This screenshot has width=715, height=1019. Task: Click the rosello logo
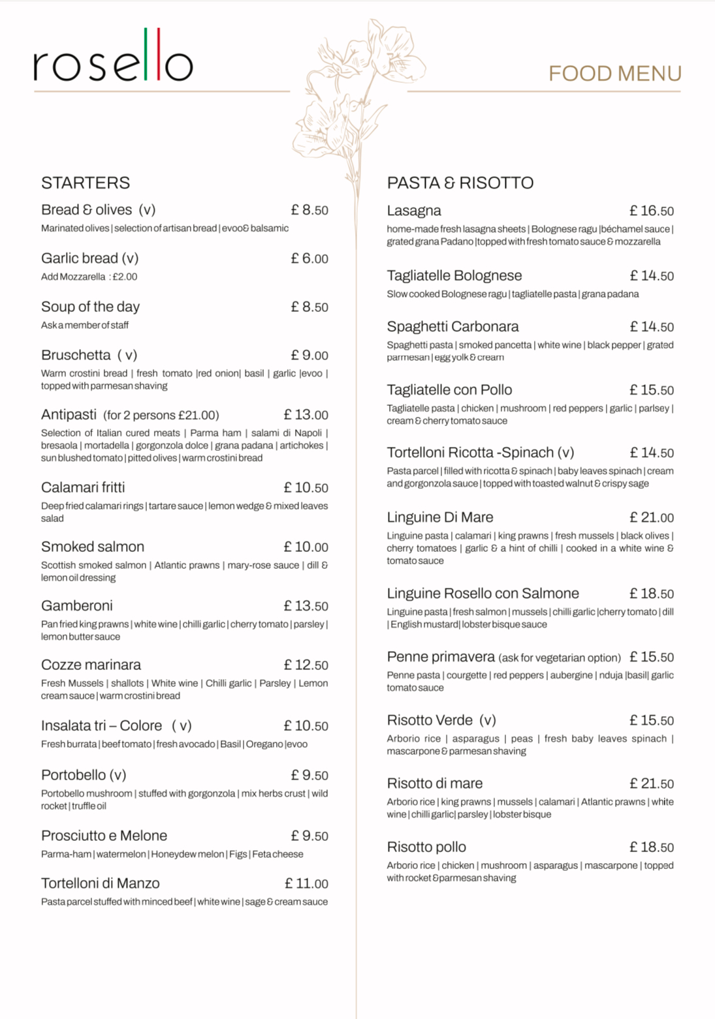point(113,57)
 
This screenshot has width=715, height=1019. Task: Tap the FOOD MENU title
point(614,74)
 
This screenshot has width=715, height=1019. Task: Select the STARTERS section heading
point(86,183)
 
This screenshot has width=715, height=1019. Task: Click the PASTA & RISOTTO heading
point(460,183)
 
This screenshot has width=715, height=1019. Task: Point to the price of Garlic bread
point(310,259)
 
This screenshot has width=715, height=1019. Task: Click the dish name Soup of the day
point(90,307)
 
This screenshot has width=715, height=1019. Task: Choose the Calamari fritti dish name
point(83,487)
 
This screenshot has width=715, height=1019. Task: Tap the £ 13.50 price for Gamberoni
point(306,606)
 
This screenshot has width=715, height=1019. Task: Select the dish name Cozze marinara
point(91,665)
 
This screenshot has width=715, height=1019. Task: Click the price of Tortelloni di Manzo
point(306,884)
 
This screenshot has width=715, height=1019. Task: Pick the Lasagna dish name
point(414,211)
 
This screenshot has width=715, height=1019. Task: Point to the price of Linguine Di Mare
point(651,518)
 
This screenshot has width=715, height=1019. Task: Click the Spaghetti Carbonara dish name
point(453,326)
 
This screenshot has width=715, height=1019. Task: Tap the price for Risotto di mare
point(651,784)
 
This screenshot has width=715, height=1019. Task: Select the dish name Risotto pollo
point(426,847)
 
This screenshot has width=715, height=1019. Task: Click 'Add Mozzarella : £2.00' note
point(89,277)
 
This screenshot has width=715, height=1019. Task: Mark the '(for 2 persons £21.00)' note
point(161,416)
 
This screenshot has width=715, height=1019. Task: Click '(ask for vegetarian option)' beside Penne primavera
point(560,658)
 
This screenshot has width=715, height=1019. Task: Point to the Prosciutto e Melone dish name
point(104,836)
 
